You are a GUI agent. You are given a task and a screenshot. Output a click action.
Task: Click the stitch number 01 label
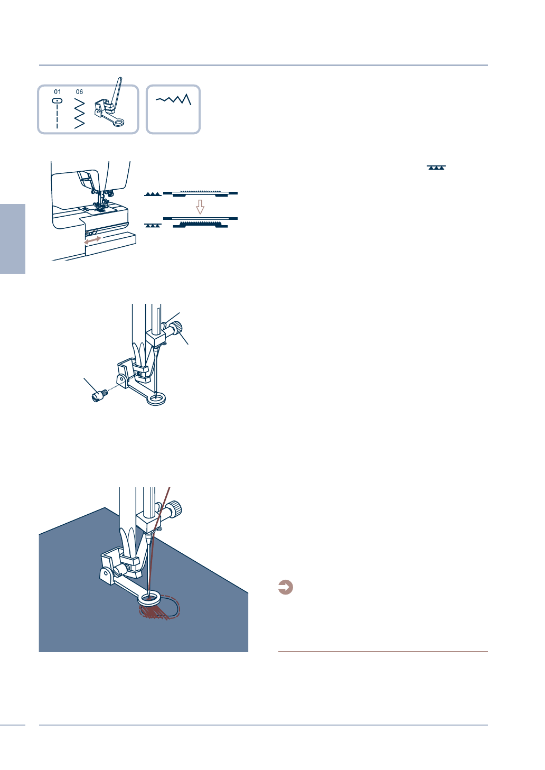[58, 92]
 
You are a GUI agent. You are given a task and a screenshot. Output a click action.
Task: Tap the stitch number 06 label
[79, 92]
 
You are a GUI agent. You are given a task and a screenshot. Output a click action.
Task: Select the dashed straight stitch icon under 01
[57, 114]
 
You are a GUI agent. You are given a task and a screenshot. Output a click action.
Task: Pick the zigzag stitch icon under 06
[79, 113]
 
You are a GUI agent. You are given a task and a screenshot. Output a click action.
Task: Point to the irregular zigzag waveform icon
[173, 99]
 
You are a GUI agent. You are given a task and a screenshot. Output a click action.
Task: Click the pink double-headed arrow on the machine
[92, 240]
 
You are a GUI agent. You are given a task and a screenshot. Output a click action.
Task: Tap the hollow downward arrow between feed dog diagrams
[200, 207]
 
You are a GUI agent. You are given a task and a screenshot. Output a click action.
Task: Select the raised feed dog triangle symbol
[153, 194]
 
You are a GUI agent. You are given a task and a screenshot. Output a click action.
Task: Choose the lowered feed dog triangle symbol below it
[153, 225]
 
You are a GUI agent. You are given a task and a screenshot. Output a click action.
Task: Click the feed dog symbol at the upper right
[436, 168]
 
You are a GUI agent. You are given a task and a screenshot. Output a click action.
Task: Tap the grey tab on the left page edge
[13, 238]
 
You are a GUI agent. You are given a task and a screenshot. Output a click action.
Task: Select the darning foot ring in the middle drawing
[156, 398]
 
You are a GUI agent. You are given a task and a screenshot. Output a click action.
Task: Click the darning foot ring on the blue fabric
[149, 599]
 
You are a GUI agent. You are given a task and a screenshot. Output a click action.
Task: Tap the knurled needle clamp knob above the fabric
[175, 509]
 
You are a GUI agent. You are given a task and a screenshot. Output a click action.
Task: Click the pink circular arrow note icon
[286, 587]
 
